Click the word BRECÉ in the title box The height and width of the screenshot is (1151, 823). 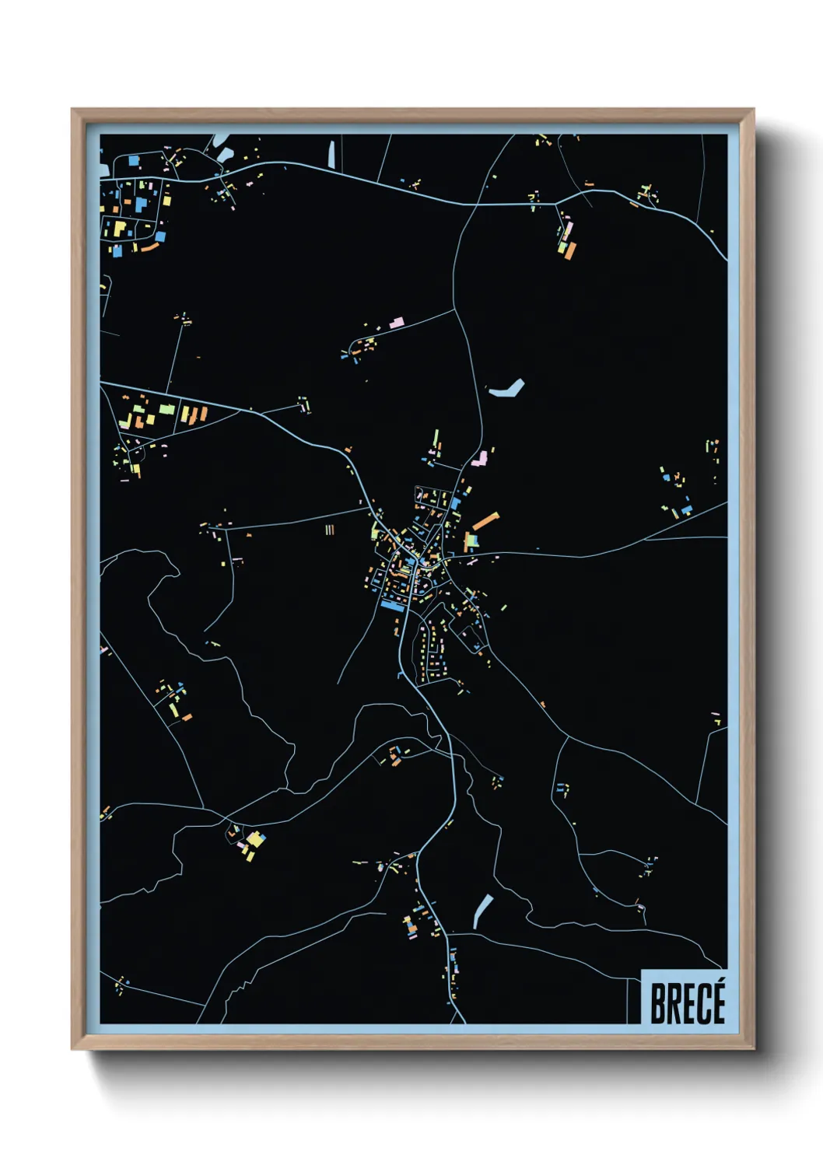pos(687,1003)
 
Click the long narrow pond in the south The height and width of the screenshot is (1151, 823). pos(482,911)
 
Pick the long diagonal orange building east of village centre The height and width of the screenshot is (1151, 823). pos(485,520)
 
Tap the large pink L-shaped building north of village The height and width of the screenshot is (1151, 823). pos(481,457)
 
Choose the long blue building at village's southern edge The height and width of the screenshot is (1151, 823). pos(392,607)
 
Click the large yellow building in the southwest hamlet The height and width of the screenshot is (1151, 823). pos(256,839)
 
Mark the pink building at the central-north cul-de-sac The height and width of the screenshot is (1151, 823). pos(397,321)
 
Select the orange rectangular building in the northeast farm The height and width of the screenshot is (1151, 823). pos(572,250)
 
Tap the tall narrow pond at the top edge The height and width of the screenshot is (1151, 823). pos(333,155)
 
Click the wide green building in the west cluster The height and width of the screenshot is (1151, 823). pos(167,409)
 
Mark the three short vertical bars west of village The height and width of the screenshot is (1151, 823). pos(330,530)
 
